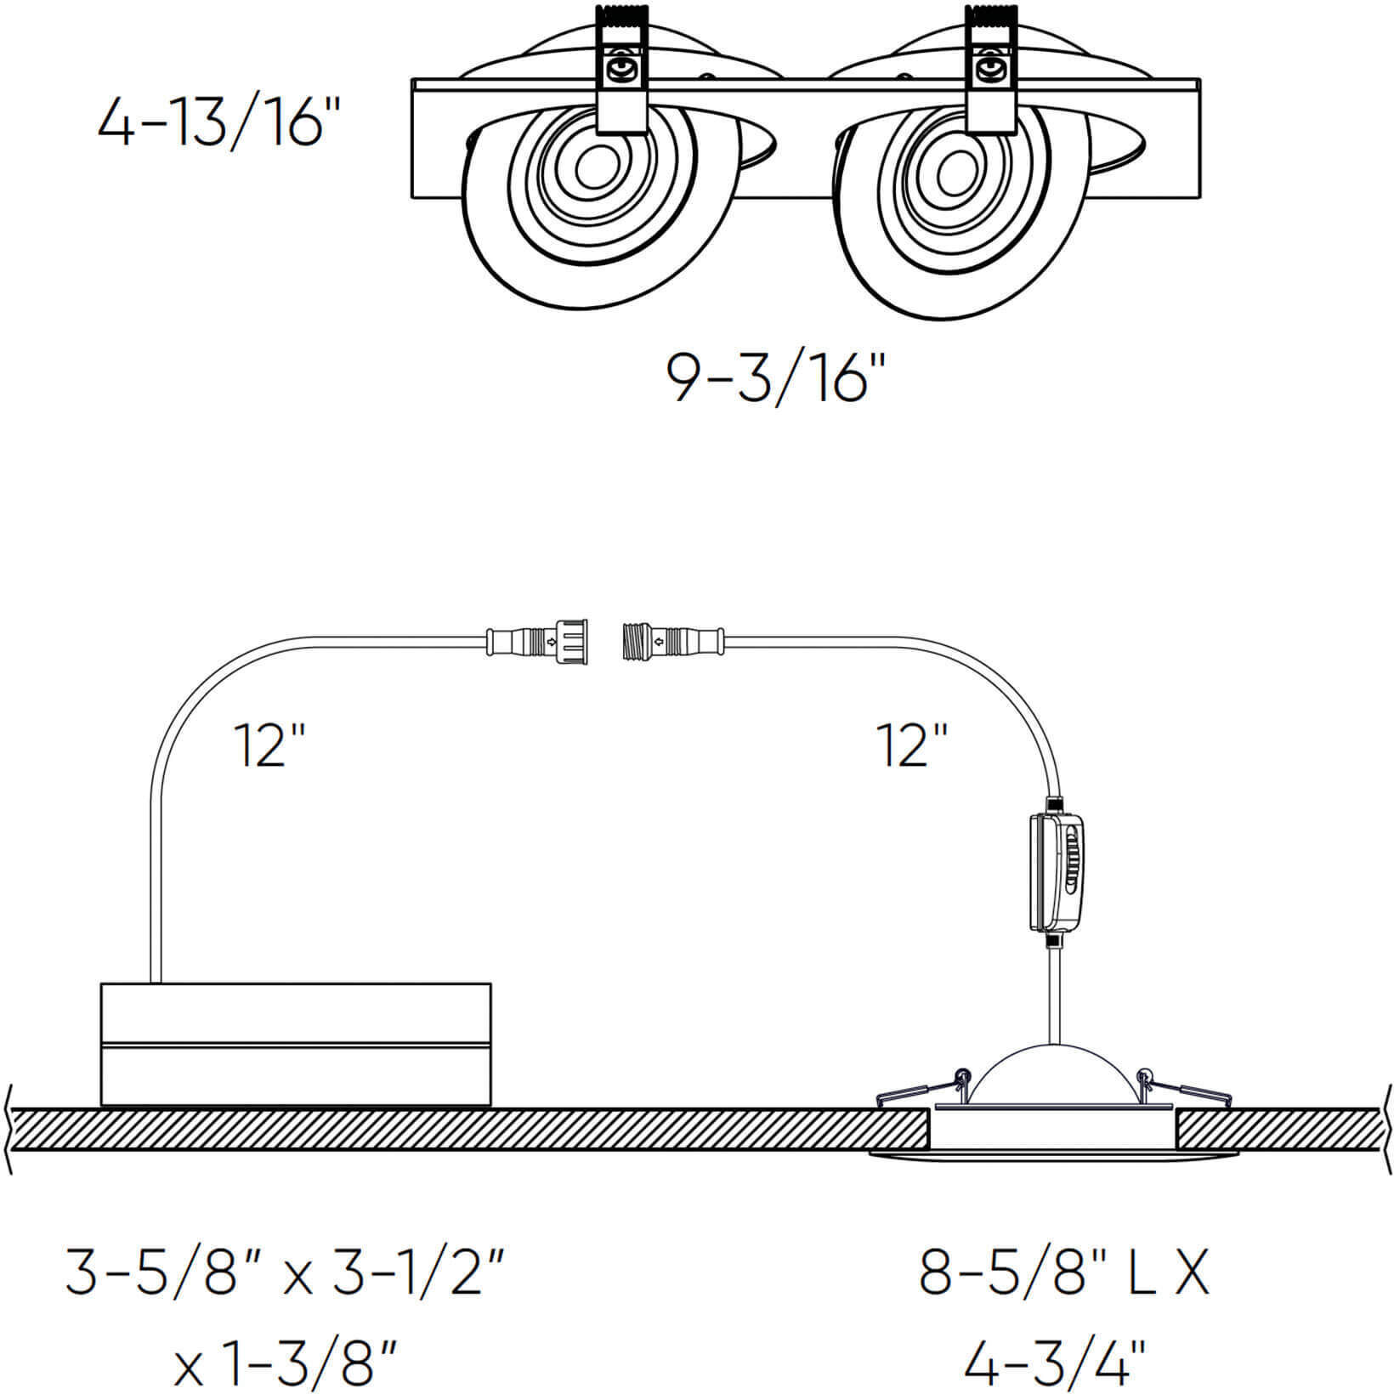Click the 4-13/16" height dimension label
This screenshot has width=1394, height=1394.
tap(212, 123)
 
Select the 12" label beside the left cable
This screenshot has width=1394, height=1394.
tap(270, 746)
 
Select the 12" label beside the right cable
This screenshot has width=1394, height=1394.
tap(912, 746)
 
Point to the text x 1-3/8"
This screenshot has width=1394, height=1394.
tap(285, 1363)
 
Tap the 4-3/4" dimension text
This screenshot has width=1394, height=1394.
tap(1054, 1363)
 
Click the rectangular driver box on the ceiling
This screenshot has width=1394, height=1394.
tap(295, 1045)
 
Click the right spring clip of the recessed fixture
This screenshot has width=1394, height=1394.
tap(1186, 1090)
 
